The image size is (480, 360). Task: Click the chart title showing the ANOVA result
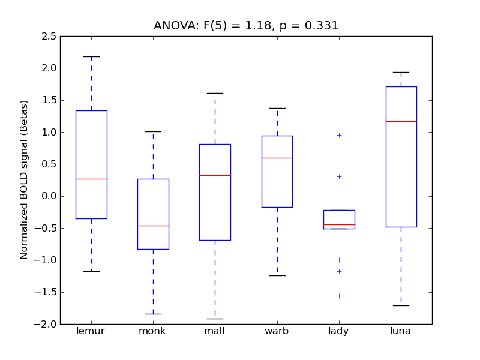coord(246,26)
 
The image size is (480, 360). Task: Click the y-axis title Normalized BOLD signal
coord(25,180)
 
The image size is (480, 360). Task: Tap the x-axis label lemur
coord(91,331)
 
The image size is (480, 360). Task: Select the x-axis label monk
coord(153,331)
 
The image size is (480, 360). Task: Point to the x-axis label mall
coord(215,331)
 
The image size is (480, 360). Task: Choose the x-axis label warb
coord(277,331)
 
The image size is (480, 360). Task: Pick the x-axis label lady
coord(339,331)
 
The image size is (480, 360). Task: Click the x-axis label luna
coord(401,331)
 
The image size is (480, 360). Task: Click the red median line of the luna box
coord(401,121)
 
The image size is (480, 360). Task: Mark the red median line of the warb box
coord(277,158)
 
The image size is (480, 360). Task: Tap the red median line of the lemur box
coord(91,179)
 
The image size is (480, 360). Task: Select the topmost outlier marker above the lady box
coord(339,135)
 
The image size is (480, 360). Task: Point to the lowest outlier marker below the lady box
coord(339,296)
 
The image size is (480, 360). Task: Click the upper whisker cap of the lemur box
coord(91,56)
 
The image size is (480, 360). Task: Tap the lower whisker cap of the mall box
coord(215,319)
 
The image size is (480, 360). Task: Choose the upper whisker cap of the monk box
coord(153,131)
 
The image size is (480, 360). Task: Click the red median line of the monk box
coord(153,226)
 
